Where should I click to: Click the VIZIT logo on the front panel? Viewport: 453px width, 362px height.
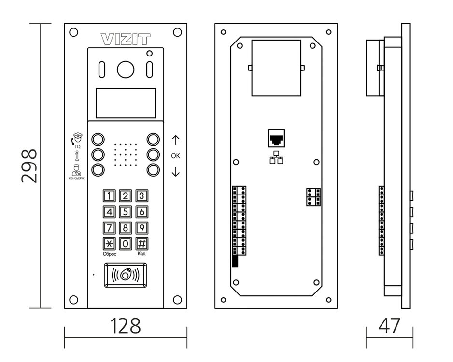(x=125, y=38)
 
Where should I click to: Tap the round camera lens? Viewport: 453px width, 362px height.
(x=125, y=70)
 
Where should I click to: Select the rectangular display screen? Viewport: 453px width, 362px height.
(x=125, y=103)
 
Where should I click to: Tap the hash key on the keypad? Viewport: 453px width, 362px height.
(x=142, y=243)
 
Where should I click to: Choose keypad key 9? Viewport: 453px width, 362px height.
(x=142, y=227)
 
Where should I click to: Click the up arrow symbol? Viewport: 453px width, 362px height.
(x=175, y=140)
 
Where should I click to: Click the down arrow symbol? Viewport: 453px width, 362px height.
(x=175, y=171)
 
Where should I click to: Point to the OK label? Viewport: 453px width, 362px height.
(x=175, y=156)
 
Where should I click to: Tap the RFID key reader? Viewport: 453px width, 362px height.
(x=125, y=275)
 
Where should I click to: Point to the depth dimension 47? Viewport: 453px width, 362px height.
(x=389, y=326)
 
